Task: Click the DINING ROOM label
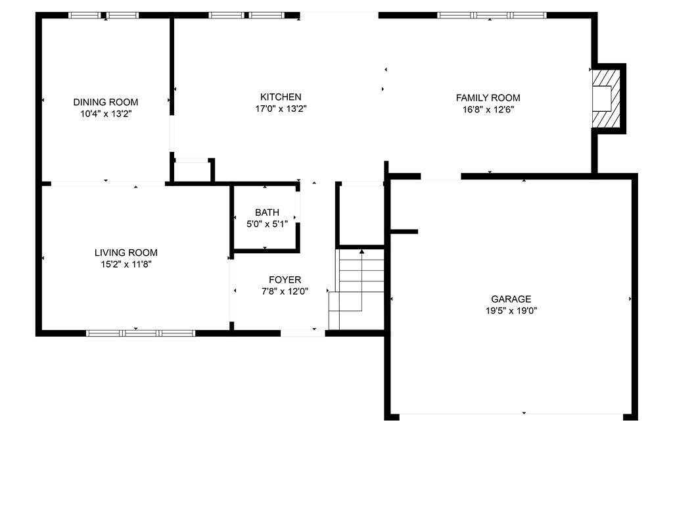(106, 102)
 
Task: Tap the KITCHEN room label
(281, 97)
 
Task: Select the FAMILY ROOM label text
(488, 98)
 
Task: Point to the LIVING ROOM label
(126, 252)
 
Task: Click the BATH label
(267, 212)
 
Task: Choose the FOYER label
(285, 280)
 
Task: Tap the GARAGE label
(511, 299)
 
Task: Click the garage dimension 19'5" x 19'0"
(511, 310)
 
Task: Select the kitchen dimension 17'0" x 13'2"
(281, 108)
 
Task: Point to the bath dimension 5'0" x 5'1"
(267, 224)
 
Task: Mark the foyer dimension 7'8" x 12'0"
(285, 291)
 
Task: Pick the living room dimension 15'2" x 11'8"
(126, 264)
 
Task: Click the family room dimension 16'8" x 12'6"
(488, 110)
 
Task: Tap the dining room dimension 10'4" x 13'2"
(106, 114)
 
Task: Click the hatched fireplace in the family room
(606, 99)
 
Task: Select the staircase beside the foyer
(356, 289)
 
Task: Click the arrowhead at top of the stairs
(362, 252)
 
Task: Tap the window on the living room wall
(141, 333)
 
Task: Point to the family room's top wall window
(492, 16)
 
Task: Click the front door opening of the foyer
(302, 333)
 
